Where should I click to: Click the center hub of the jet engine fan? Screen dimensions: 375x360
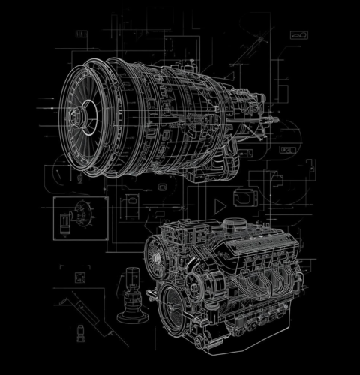(x=78, y=116)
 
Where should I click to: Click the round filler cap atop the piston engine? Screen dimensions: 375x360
(x=234, y=223)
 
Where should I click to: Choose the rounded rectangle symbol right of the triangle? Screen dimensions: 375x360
(x=244, y=198)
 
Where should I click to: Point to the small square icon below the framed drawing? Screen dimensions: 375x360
(x=79, y=277)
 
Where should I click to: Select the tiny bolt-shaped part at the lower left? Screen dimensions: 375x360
(x=79, y=331)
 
